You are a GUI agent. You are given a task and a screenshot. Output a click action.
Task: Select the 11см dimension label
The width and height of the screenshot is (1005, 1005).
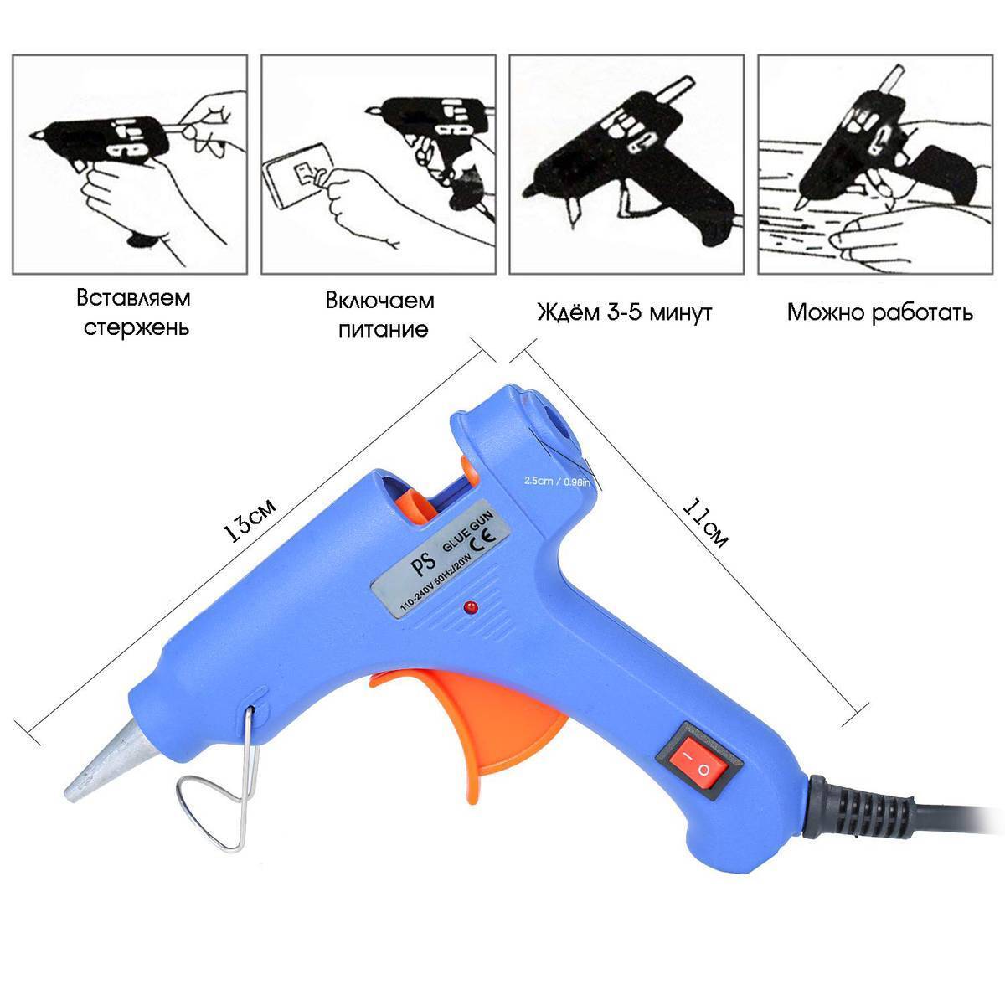[x=704, y=523]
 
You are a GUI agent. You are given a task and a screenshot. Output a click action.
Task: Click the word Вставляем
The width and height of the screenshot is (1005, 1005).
[x=133, y=299]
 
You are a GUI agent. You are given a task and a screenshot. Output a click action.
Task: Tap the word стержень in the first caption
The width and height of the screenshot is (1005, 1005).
[x=137, y=328]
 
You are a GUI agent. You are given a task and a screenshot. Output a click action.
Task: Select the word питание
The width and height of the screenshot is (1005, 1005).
[x=384, y=330]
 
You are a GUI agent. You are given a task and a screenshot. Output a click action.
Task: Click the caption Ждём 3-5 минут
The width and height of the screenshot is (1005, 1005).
[x=625, y=312]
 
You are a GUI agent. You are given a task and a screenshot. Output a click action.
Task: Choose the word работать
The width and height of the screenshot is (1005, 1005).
[x=923, y=312]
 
